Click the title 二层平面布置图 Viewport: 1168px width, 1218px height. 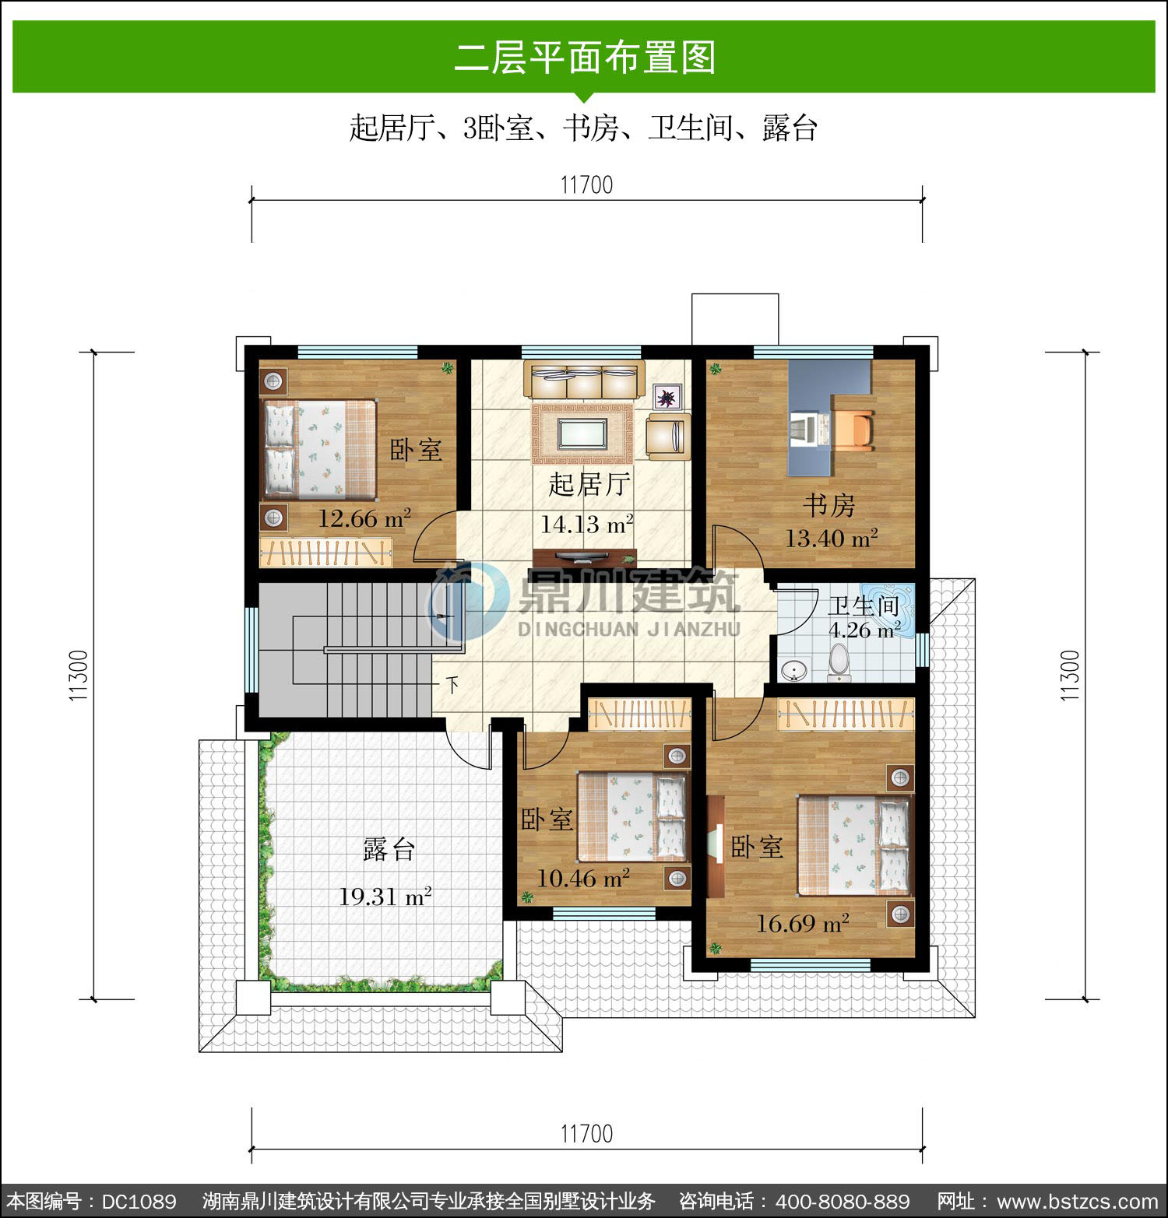(585, 57)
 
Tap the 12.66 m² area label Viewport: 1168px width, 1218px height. (364, 518)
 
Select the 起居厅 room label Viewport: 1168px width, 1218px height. (589, 484)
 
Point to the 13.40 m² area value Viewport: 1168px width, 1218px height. (832, 538)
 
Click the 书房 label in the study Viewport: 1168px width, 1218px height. (829, 505)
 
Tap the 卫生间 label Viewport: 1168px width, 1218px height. (864, 605)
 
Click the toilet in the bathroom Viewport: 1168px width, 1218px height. (839, 662)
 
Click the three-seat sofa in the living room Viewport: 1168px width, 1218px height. (583, 381)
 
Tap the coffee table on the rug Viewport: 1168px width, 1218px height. (582, 433)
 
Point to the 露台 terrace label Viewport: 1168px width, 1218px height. (389, 849)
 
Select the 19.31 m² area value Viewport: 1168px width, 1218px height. (385, 897)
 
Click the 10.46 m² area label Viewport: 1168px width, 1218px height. (583, 879)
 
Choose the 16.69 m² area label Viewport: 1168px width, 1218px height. (803, 924)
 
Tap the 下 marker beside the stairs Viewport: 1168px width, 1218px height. (452, 685)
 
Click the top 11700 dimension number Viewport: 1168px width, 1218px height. (587, 185)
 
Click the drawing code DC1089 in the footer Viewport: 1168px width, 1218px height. (139, 1202)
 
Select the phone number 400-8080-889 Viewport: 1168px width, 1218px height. (844, 1202)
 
